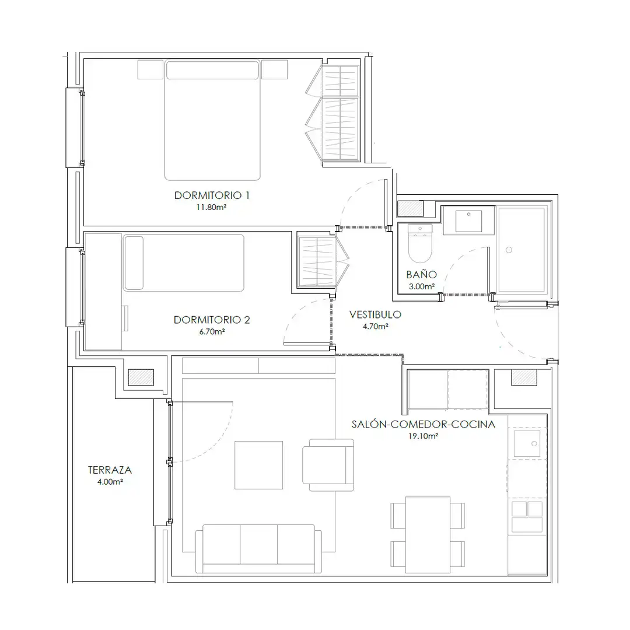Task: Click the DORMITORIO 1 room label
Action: [212, 195]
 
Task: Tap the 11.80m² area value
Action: [211, 207]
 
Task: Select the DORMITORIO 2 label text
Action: [212, 320]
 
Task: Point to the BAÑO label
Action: [422, 274]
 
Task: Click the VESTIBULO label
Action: [375, 314]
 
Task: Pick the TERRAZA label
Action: [110, 470]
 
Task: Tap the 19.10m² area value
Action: [423, 436]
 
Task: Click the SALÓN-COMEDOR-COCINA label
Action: [423, 424]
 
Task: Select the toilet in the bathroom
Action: [420, 243]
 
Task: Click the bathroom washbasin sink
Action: [468, 220]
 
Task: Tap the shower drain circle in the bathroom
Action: [509, 250]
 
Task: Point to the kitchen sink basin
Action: [527, 443]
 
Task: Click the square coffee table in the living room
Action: [259, 466]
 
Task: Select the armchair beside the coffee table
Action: [328, 465]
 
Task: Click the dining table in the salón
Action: [428, 535]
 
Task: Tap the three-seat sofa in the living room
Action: [259, 549]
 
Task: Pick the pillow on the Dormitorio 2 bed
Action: [134, 262]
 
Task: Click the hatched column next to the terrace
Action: [141, 377]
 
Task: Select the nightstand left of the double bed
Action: [150, 69]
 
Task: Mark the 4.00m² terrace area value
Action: [110, 482]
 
